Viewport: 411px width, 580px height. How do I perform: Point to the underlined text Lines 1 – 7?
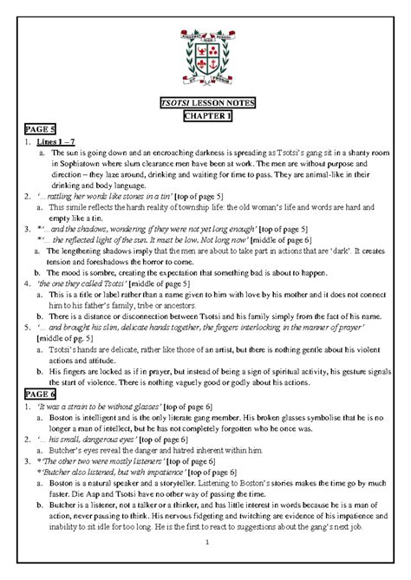tap(54, 140)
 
